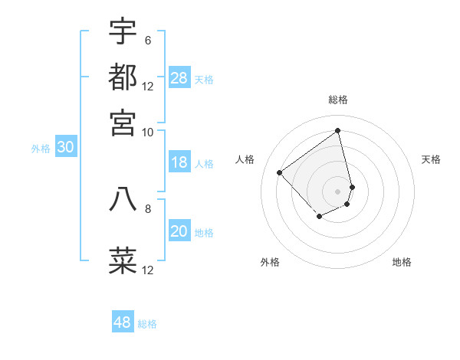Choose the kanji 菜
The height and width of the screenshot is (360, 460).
(123, 259)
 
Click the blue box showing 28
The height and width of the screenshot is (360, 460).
(179, 78)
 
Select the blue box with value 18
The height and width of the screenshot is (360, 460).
(179, 162)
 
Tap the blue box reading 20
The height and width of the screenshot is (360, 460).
(179, 231)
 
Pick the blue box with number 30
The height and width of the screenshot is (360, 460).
(65, 148)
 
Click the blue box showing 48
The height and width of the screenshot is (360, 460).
(123, 322)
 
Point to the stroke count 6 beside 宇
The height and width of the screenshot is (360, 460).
(147, 41)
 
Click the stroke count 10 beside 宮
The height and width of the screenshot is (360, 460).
(147, 132)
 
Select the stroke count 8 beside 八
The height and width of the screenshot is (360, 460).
(147, 208)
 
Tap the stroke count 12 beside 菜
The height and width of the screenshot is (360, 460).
(147, 270)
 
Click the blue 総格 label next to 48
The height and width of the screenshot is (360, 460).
(147, 324)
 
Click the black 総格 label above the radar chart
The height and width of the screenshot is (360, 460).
(338, 100)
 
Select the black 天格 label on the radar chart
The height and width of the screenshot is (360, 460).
(431, 159)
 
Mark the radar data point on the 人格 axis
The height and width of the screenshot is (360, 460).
(280, 172)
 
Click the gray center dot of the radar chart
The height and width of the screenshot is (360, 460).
(338, 191)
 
